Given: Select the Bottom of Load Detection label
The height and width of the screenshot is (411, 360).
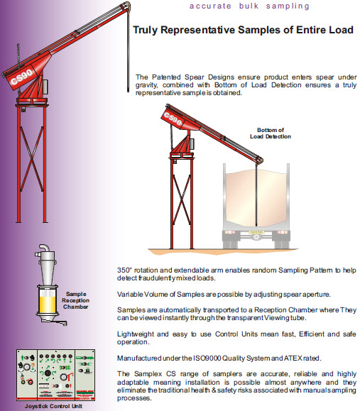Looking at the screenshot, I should tap(271, 133).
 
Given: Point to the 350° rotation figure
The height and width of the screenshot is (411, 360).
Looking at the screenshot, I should tap(126, 271).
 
